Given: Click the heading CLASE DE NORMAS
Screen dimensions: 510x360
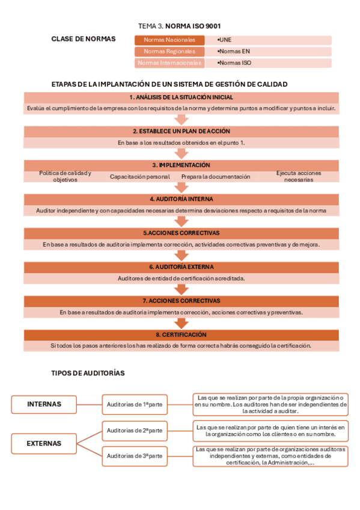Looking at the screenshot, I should click(x=84, y=39).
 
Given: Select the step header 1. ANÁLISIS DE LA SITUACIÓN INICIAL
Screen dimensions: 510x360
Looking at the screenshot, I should click(x=181, y=97).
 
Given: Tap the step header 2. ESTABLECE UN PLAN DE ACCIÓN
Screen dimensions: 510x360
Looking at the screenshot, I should click(x=181, y=131).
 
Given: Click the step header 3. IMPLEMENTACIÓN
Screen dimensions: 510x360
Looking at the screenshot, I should click(x=181, y=165).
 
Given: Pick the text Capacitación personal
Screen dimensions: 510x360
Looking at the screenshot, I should click(x=140, y=177).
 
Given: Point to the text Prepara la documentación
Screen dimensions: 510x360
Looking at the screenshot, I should click(x=216, y=177).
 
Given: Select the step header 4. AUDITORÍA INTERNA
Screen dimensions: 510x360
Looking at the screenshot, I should click(x=181, y=198).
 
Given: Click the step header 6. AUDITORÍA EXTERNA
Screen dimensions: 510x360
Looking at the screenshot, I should click(x=181, y=266).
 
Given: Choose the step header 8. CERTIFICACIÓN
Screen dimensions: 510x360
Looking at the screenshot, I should click(x=181, y=334).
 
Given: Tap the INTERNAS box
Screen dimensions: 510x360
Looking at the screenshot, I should click(x=44, y=404).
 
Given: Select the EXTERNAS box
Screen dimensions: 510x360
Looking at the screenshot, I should click(x=44, y=443).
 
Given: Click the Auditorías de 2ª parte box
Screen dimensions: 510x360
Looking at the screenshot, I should click(x=135, y=430).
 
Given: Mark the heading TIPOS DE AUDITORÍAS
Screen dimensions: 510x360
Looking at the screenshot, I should click(x=88, y=373).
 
